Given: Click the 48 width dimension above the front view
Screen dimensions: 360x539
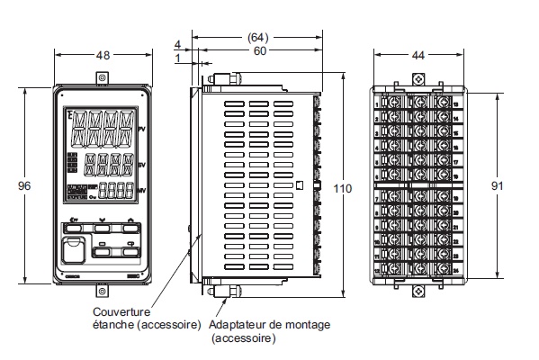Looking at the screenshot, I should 103,55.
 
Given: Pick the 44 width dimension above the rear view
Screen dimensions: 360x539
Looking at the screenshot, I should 418,55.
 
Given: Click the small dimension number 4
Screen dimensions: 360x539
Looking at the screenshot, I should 178,43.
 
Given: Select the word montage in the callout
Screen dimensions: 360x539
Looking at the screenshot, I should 306,325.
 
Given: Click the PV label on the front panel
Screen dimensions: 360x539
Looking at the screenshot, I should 141,131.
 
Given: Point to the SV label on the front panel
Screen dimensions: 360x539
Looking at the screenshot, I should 141,166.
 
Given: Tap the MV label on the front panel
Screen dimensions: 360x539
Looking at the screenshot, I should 141,191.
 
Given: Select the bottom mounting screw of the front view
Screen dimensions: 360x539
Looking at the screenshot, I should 102,291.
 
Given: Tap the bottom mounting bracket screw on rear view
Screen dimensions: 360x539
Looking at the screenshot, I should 418,292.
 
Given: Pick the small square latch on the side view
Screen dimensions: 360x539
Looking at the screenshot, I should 298,185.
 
